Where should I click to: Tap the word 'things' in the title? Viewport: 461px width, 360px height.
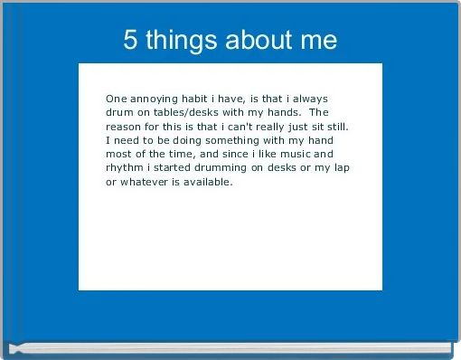tap(179, 41)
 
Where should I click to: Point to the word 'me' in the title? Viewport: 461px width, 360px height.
tap(319, 41)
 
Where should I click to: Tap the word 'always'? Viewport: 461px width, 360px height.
tap(316, 98)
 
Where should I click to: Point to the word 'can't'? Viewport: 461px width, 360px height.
tap(244, 126)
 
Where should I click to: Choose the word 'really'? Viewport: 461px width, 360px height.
tap(281, 126)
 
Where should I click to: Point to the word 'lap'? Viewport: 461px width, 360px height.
tap(340, 168)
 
